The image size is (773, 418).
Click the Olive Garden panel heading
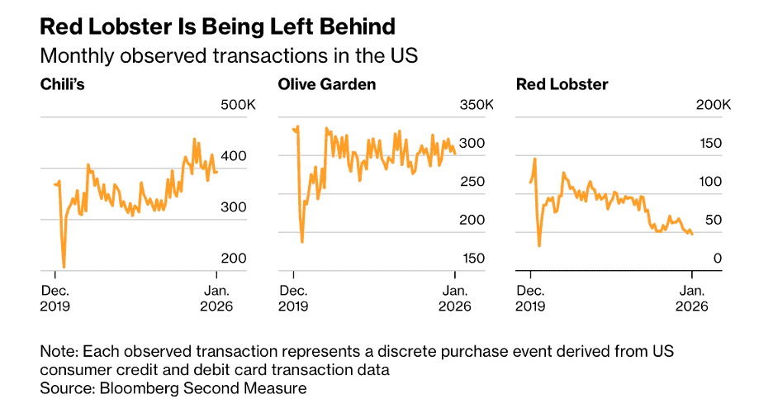click(326, 84)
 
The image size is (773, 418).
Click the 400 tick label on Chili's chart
click(235, 156)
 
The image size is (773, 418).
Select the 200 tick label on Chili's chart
click(235, 259)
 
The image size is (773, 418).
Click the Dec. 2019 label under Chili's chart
click(56, 298)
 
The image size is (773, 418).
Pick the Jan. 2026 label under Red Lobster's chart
click(691, 298)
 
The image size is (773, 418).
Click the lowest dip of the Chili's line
click(64, 267)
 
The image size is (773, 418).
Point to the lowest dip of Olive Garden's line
click(301, 241)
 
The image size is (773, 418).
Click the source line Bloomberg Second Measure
click(173, 388)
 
